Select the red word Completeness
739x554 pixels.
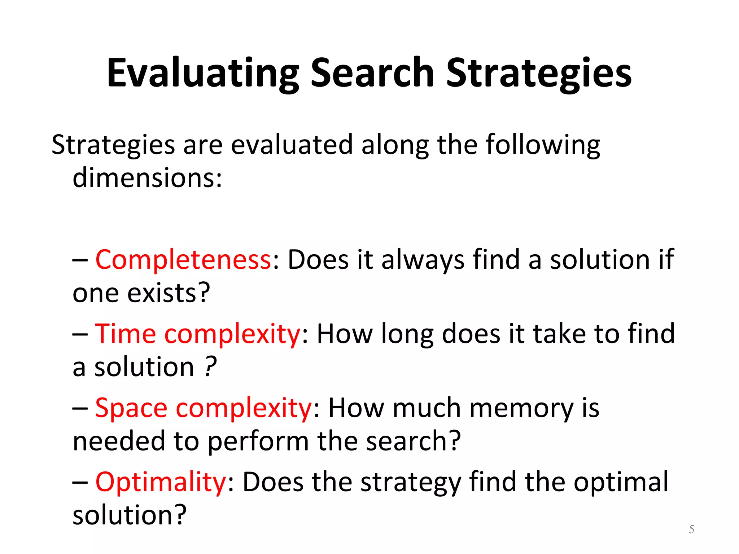[183, 260]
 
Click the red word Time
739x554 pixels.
[125, 334]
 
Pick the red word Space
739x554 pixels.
[131, 408]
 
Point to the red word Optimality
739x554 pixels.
[161, 482]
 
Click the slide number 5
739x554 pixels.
[691, 529]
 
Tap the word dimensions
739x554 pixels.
[147, 178]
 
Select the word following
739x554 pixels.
[543, 145]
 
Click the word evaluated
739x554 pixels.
[292, 145]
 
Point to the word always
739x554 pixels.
[423, 260]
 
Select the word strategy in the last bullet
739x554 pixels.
[411, 483]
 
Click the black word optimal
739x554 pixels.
[621, 482]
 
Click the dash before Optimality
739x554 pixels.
[80, 483]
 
